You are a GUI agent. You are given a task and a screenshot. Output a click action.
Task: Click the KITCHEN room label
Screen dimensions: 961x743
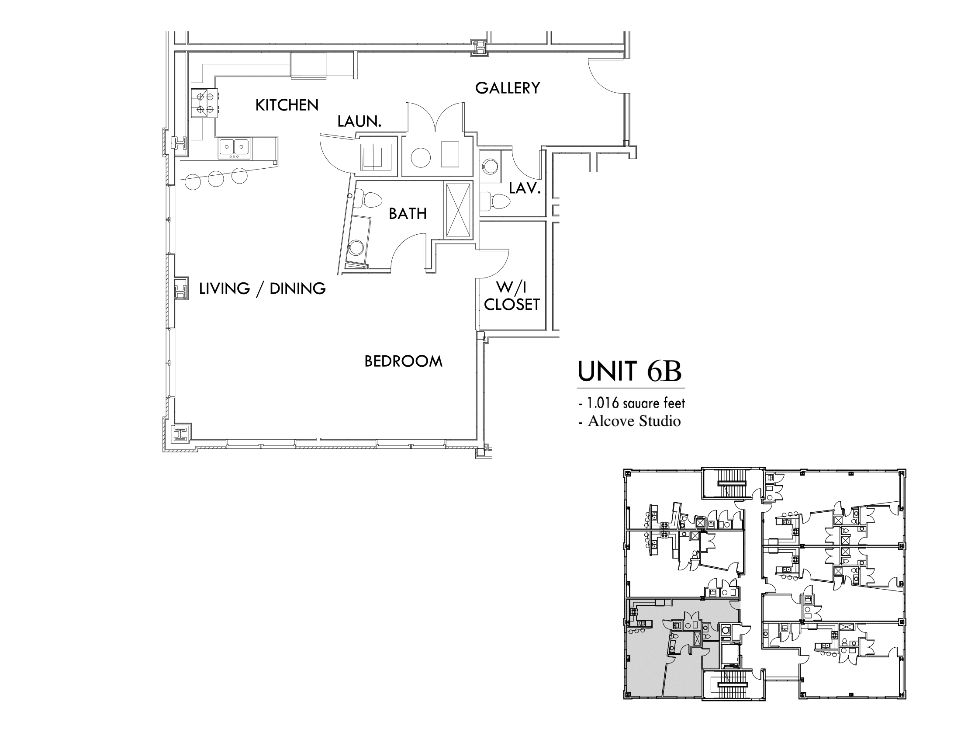coord(287,105)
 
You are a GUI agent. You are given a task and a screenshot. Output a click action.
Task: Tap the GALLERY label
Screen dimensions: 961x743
coord(507,88)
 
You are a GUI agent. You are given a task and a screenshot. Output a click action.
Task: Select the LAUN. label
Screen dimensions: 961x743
coord(359,122)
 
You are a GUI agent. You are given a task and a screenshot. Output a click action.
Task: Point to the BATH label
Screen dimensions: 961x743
coord(408,214)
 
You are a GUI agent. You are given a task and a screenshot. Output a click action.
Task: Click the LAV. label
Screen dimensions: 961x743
coord(525,188)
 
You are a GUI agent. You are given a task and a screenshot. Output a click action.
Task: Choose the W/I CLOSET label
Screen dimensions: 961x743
coord(512,296)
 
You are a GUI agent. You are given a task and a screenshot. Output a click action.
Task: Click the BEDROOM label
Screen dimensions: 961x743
coord(404,361)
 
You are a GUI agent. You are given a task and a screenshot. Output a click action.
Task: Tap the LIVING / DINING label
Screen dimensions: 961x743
coord(262,289)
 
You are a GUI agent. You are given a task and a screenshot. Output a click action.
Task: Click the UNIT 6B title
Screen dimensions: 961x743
coord(629,371)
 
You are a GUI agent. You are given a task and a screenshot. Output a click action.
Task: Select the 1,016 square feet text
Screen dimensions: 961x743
coord(632,403)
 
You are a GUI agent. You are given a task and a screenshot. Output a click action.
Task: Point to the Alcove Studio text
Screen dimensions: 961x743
coord(629,421)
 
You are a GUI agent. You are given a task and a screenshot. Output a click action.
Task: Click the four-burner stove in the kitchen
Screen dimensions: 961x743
coord(204,103)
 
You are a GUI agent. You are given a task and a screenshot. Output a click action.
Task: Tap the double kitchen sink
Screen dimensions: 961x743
coord(234,148)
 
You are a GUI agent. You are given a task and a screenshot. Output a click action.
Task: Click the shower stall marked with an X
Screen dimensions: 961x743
coord(458,210)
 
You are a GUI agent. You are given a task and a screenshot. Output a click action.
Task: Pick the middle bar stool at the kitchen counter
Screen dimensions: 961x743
coord(216,178)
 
